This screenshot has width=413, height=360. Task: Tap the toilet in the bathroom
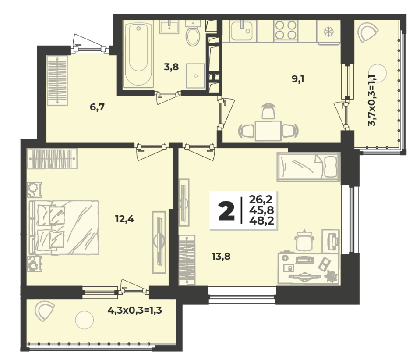point(193,33)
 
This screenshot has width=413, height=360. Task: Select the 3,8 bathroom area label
point(172,67)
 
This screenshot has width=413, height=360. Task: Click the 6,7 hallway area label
point(97,107)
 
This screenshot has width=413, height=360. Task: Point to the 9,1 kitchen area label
point(298,79)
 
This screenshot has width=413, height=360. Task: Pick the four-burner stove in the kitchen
point(286,31)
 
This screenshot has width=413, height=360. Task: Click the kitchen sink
point(241,31)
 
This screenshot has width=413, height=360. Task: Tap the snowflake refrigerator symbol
point(328,32)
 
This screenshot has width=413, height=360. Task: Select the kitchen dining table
point(268,131)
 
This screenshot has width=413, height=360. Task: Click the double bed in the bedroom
point(64,228)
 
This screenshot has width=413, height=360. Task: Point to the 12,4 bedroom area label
point(124,219)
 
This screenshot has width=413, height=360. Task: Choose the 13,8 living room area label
point(221,256)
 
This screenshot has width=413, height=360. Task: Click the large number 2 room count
point(226,210)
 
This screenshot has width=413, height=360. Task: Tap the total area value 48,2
point(261,221)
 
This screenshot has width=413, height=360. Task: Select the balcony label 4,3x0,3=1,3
point(134,310)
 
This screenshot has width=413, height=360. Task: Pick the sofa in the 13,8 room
point(308,167)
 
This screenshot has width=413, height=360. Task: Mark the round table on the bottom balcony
point(84,320)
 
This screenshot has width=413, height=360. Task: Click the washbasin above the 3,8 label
point(169,27)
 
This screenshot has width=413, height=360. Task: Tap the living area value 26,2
point(261,200)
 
